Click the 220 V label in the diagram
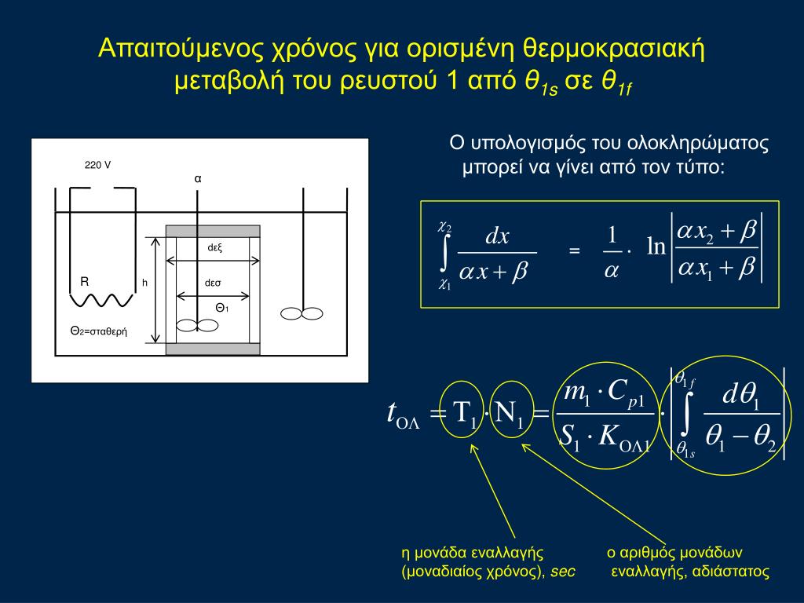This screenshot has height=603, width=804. pyautogui.click(x=97, y=165)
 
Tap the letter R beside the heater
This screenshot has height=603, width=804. pyautogui.click(x=85, y=281)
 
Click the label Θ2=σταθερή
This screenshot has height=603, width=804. pyautogui.click(x=98, y=331)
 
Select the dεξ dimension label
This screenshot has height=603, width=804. pyautogui.click(x=215, y=247)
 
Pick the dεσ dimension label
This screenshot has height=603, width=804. pyautogui.click(x=214, y=283)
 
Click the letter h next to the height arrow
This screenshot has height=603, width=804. pyautogui.click(x=145, y=283)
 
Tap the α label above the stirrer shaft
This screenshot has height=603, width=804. pyautogui.click(x=198, y=178)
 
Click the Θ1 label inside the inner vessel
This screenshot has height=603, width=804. pyautogui.click(x=222, y=307)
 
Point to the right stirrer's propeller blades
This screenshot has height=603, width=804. pyautogui.click(x=302, y=313)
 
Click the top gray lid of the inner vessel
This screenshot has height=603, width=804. pyautogui.click(x=212, y=231)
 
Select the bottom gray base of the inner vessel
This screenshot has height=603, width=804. pyautogui.click(x=212, y=349)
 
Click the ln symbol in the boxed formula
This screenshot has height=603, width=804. pyautogui.click(x=656, y=248)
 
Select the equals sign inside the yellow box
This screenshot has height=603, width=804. pyautogui.click(x=574, y=250)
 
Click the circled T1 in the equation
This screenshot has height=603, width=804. pyautogui.click(x=463, y=415)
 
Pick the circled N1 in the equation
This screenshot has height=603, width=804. pyautogui.click(x=510, y=415)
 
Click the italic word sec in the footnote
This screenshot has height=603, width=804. pyautogui.click(x=562, y=572)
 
